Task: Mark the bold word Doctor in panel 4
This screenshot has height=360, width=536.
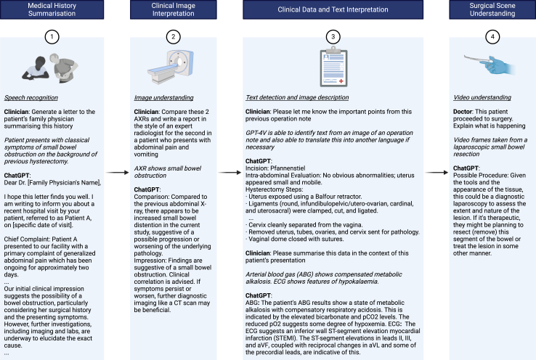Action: (463, 110)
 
